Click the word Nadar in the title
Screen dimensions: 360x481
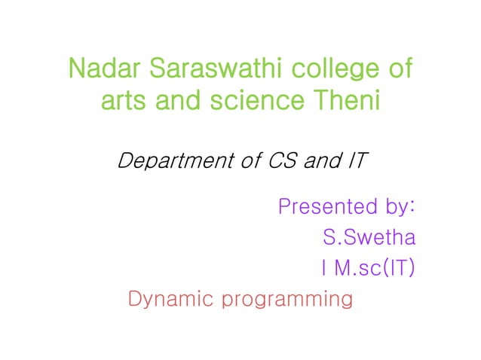pos(105,70)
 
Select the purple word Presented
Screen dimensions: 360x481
pos(328,206)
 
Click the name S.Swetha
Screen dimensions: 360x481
pos(369,239)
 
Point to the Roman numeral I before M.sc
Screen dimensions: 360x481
pos(323,269)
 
